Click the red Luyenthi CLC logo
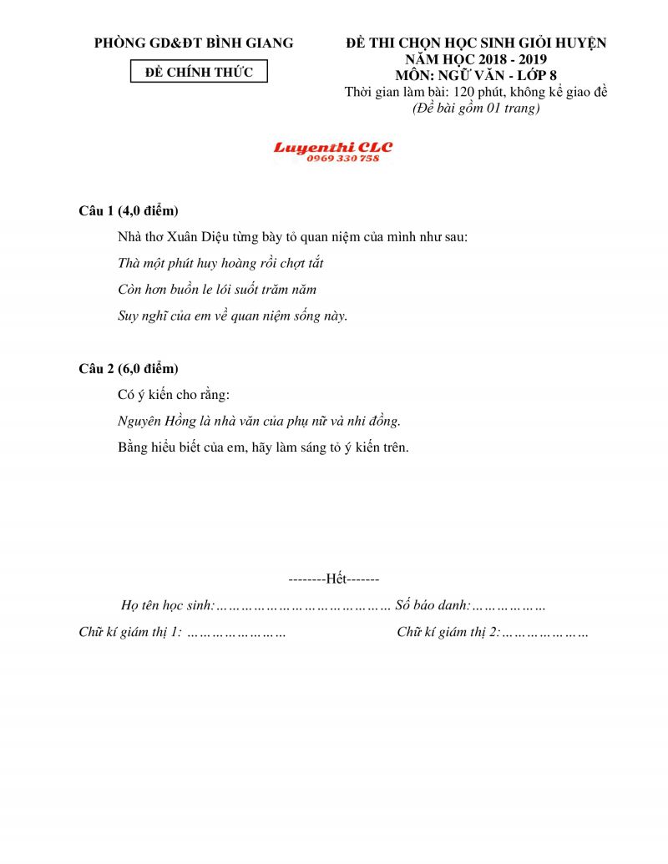[333, 148]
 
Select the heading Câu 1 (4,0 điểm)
[129, 210]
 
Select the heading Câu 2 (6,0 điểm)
[129, 368]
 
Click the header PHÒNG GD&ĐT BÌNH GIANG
[194, 43]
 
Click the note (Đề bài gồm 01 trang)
[477, 109]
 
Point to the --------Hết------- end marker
[334, 579]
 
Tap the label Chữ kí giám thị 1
[129, 632]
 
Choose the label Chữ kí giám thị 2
[448, 632]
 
